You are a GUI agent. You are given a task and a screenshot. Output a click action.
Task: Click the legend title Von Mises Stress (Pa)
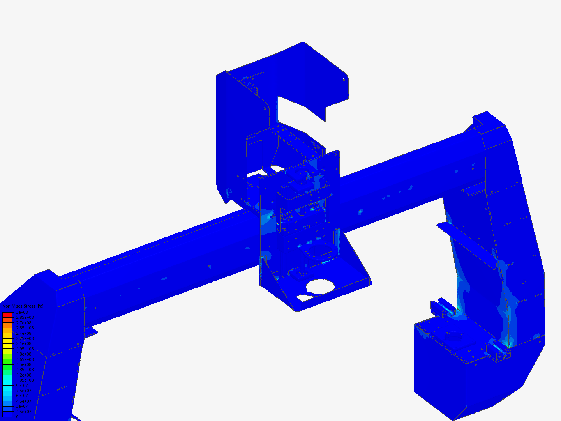point(23,306)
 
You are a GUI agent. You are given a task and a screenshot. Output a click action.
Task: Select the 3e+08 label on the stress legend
point(22,312)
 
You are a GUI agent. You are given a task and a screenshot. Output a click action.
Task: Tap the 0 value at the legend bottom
point(17,417)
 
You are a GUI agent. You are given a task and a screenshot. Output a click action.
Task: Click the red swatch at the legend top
point(7,314)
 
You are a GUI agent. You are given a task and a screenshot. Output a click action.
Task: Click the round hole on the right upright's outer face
point(524,281)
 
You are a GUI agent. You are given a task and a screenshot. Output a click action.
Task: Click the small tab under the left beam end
point(92,331)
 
